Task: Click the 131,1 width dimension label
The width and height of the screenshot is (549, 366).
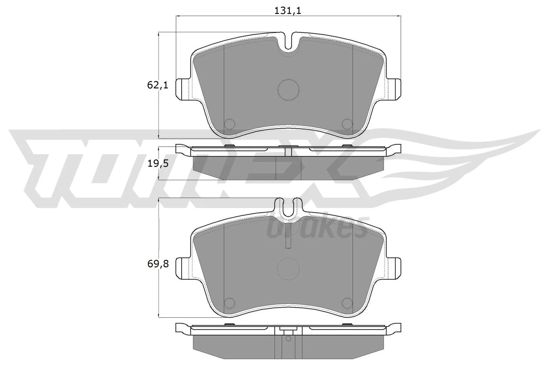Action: [x=288, y=11]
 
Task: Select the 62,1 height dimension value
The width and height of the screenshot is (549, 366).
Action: [x=158, y=85]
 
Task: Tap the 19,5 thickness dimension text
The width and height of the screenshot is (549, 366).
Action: [x=158, y=164]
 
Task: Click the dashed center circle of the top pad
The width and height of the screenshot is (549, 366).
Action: [x=288, y=90]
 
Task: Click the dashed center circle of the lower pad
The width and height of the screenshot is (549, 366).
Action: [x=288, y=269]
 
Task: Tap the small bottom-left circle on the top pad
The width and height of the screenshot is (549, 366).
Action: [x=229, y=123]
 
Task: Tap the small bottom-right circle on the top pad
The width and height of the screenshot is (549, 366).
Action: [x=347, y=123]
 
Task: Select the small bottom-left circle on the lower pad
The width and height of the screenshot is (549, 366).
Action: [x=229, y=302]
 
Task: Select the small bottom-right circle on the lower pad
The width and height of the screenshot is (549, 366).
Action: [x=347, y=302]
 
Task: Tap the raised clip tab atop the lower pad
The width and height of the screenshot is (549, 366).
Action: [x=288, y=207]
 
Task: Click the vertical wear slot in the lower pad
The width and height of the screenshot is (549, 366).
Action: [x=288, y=240]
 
